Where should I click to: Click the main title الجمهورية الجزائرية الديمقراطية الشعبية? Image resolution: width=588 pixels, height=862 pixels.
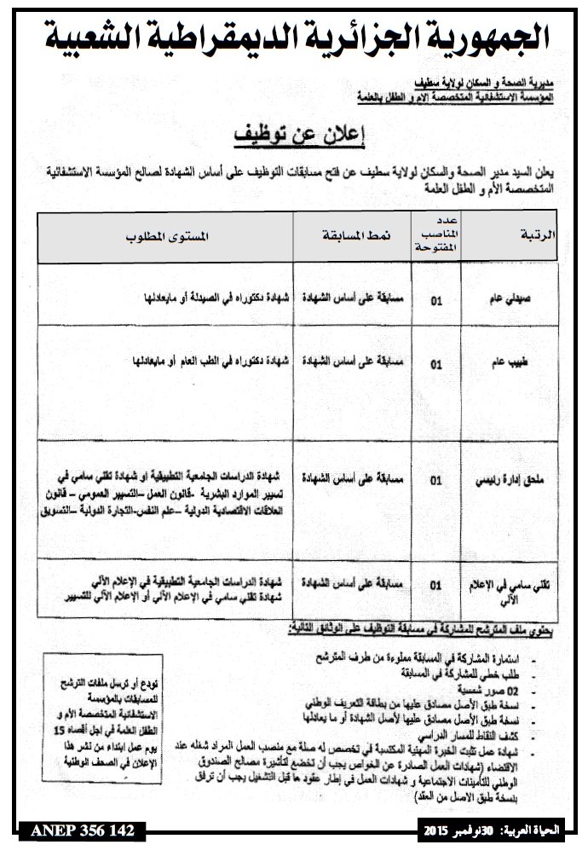click(294, 36)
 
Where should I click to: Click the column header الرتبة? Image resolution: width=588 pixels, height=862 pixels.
click(538, 234)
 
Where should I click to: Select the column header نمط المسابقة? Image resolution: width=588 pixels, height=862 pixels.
click(351, 234)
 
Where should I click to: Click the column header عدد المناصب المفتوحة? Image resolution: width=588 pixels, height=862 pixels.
click(435, 234)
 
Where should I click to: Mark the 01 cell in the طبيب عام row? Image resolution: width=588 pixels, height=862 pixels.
click(436, 363)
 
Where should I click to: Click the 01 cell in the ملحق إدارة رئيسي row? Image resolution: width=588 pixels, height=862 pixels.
click(436, 481)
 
